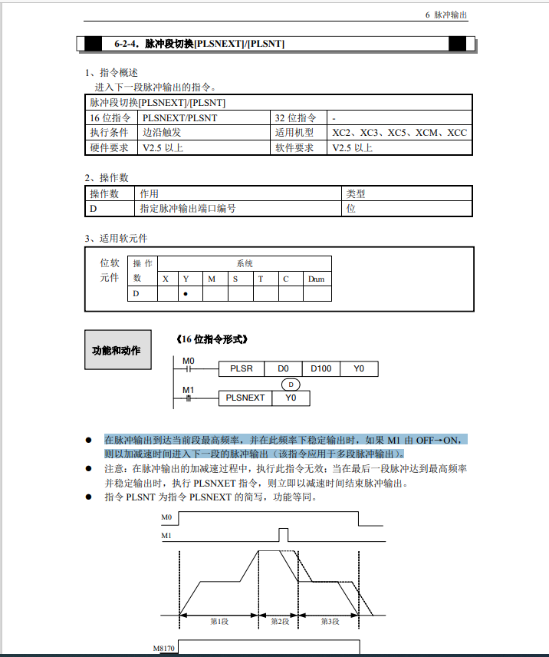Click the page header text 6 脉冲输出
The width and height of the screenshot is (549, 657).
[445, 15]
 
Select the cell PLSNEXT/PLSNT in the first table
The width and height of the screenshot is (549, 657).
[179, 117]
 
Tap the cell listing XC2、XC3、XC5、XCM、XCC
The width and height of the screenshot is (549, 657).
[399, 132]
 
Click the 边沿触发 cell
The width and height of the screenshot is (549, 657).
[162, 132]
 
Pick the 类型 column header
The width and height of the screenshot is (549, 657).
[356, 194]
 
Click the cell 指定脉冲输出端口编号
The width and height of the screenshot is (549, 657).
[187, 208]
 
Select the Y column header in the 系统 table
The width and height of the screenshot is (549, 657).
[186, 279]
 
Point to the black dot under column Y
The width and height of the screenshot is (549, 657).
[186, 294]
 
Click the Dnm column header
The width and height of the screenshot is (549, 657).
[317, 279]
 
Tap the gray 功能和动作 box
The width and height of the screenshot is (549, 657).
[117, 350]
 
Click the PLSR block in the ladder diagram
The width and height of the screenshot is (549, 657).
[242, 369]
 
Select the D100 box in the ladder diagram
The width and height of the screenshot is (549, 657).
[321, 369]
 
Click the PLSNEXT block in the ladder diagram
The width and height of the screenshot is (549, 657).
[246, 398]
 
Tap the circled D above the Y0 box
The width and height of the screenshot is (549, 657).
[290, 384]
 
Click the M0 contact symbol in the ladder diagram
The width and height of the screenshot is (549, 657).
[188, 369]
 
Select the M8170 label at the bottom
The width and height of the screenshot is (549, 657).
[164, 649]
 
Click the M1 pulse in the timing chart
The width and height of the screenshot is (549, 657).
[283, 534]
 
